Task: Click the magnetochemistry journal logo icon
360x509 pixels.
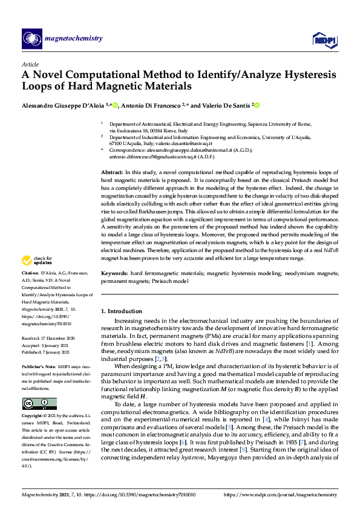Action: coord(31,39)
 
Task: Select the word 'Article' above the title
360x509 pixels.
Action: coord(30,64)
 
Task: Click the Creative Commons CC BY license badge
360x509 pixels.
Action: coord(39,403)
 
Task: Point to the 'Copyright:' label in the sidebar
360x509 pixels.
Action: coord(33,417)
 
